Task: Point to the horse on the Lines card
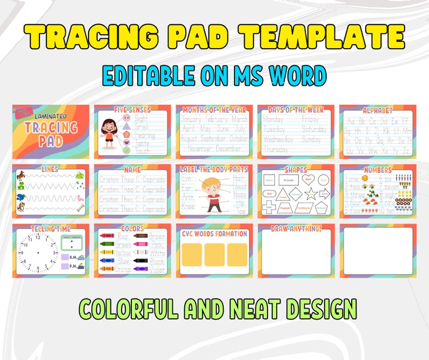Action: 21,175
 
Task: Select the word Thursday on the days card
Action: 276,149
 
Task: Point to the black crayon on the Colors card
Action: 140,261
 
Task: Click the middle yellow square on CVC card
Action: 215,254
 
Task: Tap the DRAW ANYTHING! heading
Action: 296,228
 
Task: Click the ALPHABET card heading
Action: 378,109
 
